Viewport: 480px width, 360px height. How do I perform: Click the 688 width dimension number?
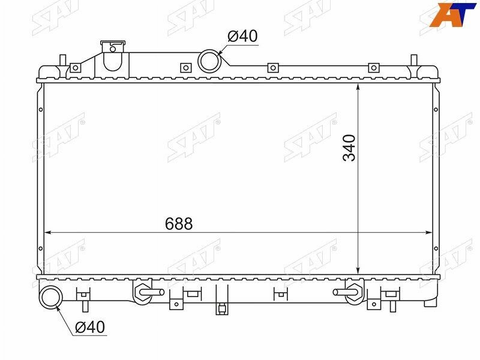tap(179, 223)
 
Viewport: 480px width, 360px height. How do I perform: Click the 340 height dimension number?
tap(349, 148)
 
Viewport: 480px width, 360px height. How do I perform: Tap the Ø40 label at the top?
tap(242, 36)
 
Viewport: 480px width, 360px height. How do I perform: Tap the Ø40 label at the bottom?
tap(90, 327)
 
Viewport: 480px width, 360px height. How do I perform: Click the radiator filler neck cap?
tap(113, 43)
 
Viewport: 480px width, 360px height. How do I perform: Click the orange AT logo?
tap(453, 14)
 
